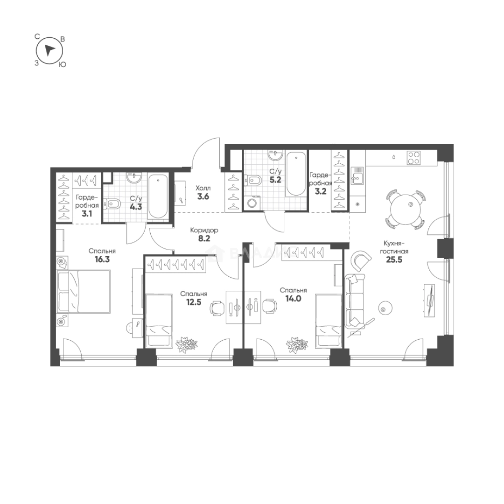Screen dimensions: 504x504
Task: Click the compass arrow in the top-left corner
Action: point(49,50)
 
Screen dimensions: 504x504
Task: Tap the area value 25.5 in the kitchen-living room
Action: point(394,260)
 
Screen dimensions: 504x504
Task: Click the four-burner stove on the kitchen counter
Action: point(413,158)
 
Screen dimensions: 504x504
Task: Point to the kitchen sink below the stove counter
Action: point(357,175)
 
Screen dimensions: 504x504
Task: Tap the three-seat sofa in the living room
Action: point(354,301)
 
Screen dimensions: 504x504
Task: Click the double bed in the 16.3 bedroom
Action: point(84,291)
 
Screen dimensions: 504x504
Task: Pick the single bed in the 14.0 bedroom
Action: point(329,320)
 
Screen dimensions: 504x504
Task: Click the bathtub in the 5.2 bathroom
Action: point(296,174)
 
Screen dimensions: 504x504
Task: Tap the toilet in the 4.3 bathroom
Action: point(113,204)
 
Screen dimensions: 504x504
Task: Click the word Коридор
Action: point(204,230)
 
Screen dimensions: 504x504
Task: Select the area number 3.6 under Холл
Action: point(203,196)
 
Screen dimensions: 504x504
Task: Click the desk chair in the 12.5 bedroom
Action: point(217,308)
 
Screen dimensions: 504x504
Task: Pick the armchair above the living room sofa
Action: point(361,261)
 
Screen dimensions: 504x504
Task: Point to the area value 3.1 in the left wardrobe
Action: point(87,213)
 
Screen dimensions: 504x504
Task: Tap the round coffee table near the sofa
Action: point(385,308)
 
